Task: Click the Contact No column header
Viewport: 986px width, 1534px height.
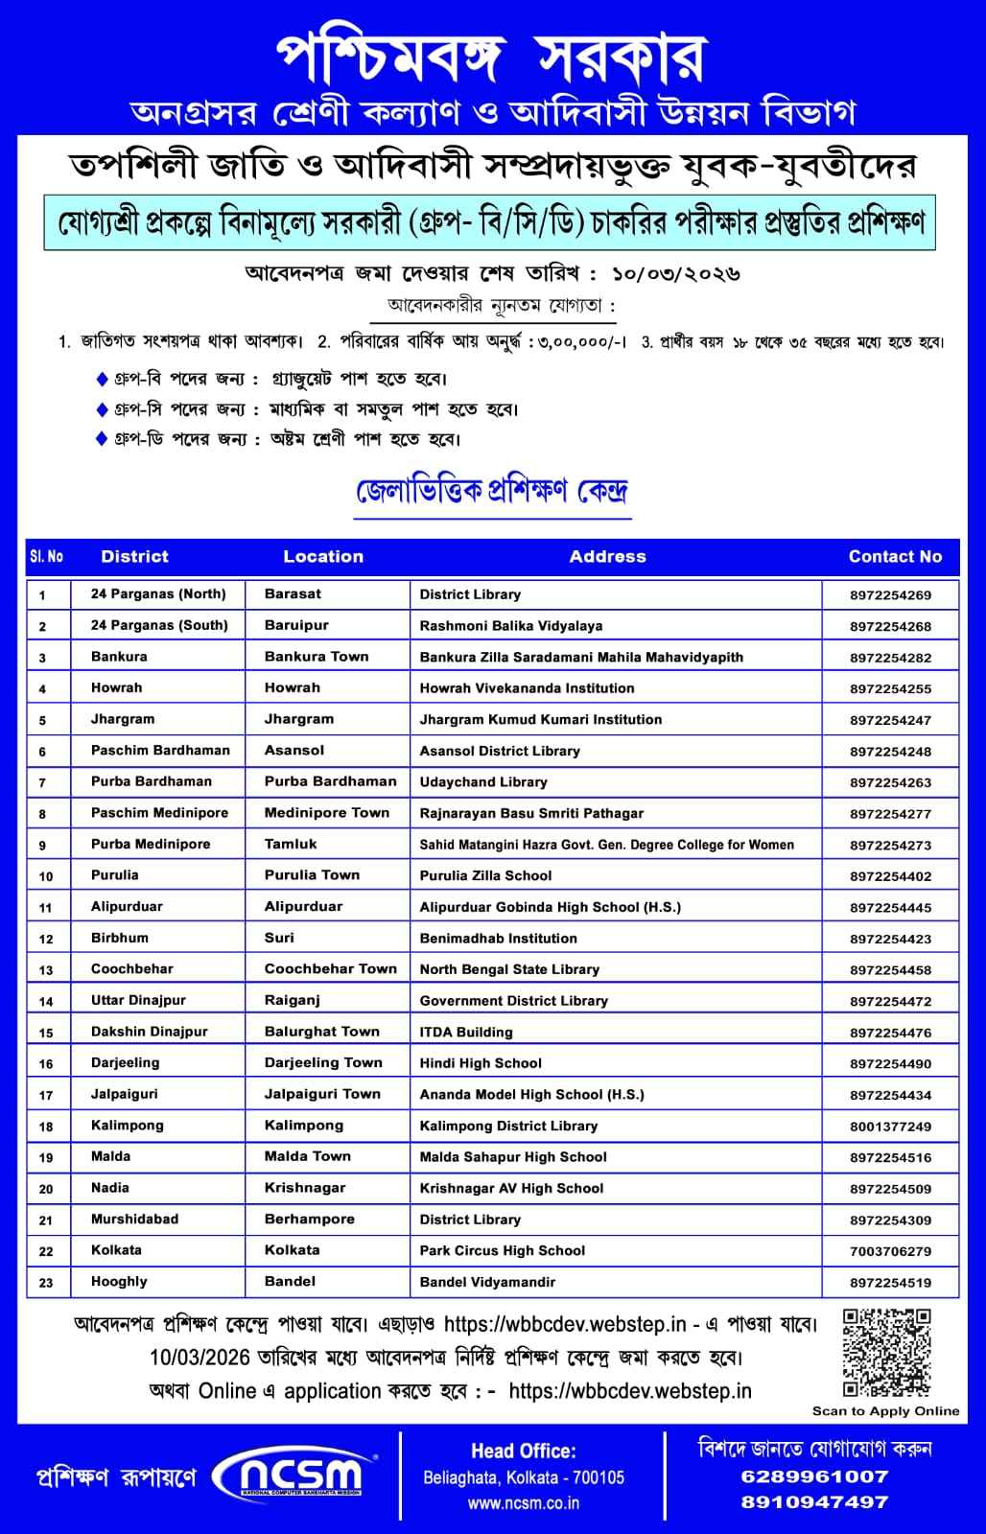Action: click(x=895, y=556)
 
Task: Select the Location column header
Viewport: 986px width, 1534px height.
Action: click(x=323, y=556)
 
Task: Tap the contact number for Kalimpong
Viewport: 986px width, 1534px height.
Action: click(x=890, y=1127)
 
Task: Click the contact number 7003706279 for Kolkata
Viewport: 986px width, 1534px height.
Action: click(x=890, y=1251)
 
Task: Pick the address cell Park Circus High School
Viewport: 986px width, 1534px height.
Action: click(x=502, y=1251)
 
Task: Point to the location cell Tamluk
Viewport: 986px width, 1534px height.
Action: click(x=291, y=844)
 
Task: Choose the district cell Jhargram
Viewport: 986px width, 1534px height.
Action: click(x=123, y=719)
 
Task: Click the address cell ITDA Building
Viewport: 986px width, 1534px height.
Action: click(x=466, y=1033)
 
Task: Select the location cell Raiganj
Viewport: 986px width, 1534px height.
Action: click(x=293, y=1000)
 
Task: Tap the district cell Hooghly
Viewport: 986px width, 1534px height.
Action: click(x=119, y=1282)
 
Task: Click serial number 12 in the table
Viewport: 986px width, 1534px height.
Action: click(x=46, y=939)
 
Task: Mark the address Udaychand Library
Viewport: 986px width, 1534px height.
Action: click(x=483, y=782)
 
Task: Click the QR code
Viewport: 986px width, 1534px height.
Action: click(x=886, y=1353)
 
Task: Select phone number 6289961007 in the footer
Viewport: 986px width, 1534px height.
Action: click(x=814, y=1476)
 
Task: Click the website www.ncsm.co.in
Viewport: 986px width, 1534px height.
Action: click(x=524, y=1503)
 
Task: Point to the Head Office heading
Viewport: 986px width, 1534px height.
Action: click(x=524, y=1452)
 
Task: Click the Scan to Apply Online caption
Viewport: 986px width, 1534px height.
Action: click(x=885, y=1411)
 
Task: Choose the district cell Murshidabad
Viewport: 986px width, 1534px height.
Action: click(x=134, y=1220)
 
